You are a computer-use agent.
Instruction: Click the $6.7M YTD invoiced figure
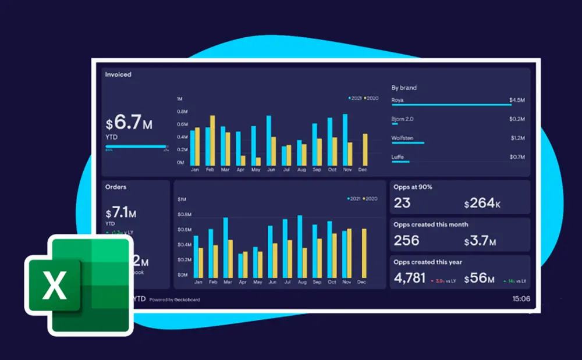point(129,123)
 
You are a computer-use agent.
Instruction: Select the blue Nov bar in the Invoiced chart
point(345,140)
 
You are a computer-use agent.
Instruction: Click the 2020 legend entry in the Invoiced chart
point(371,98)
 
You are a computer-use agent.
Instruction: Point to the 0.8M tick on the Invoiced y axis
point(182,111)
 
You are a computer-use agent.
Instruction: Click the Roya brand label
point(398,100)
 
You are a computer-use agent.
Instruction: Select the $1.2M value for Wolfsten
point(517,138)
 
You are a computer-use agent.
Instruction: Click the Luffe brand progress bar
point(400,162)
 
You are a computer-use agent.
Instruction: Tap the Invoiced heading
point(118,74)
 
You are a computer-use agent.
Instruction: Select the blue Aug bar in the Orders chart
point(300,247)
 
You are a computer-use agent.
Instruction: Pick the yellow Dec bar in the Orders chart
point(364,253)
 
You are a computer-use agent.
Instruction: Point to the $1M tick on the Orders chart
point(182,199)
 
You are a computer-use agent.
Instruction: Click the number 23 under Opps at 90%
point(402,203)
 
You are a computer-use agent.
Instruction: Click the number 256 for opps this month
point(406,241)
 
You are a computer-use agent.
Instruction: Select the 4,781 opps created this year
point(409,278)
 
